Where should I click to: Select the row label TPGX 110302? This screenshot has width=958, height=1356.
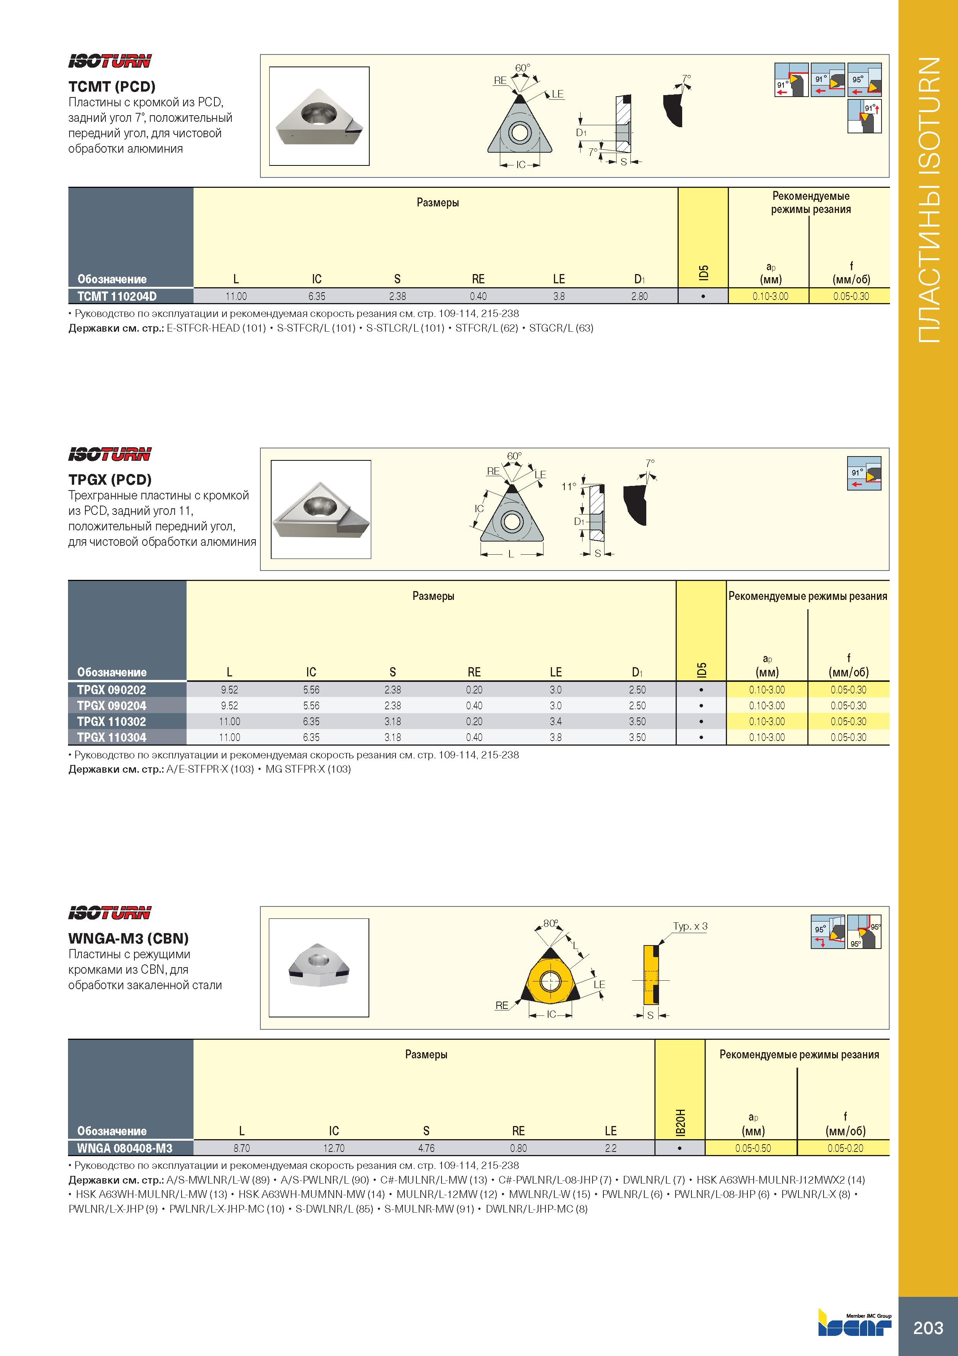pyautogui.click(x=112, y=722)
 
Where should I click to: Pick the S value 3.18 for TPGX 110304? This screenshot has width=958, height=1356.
pyautogui.click(x=392, y=738)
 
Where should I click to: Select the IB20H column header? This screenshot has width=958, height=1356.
pyautogui.click(x=680, y=1123)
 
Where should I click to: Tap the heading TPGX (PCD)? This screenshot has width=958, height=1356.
pyautogui.click(x=110, y=480)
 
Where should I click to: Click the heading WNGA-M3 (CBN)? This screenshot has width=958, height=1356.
pyautogui.click(x=128, y=939)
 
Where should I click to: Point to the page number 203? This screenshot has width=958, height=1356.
pyautogui.click(x=929, y=1328)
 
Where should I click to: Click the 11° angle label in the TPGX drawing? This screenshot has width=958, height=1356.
pyautogui.click(x=568, y=487)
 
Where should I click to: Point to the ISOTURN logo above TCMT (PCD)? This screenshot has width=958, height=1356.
pyautogui.click(x=110, y=61)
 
